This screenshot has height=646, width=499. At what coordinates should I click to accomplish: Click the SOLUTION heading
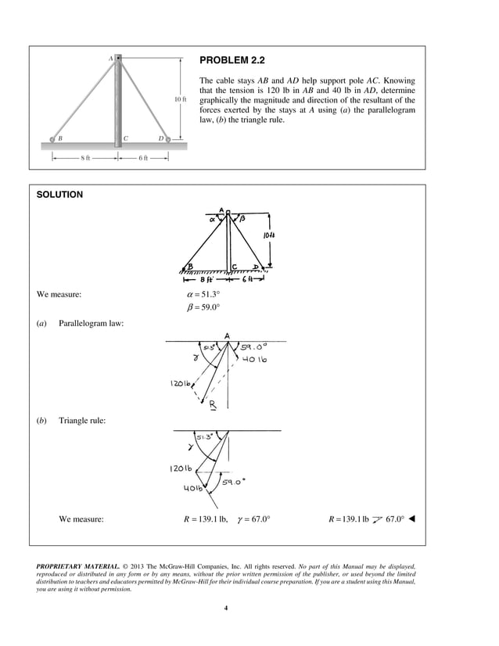tap(59, 195)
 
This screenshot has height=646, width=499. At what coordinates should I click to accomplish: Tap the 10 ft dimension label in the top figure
tap(180, 99)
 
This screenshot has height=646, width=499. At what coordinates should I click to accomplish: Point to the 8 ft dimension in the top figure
tap(85, 157)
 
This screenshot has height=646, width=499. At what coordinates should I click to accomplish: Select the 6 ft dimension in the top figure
tap(143, 157)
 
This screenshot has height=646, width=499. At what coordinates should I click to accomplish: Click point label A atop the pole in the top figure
tap(110, 58)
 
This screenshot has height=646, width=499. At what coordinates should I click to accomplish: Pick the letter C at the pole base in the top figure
tap(126, 138)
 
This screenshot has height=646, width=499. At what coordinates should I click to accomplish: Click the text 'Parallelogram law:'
tap(90, 324)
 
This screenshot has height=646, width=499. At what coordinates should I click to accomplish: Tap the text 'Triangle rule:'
tap(82, 421)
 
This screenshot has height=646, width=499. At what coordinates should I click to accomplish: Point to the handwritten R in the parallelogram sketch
tap(213, 405)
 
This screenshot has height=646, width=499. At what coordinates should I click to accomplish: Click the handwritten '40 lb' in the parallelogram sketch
tap(255, 360)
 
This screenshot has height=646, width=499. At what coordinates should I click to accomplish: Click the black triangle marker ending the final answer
tap(411, 519)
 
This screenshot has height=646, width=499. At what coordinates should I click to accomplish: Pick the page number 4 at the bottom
tap(225, 608)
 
